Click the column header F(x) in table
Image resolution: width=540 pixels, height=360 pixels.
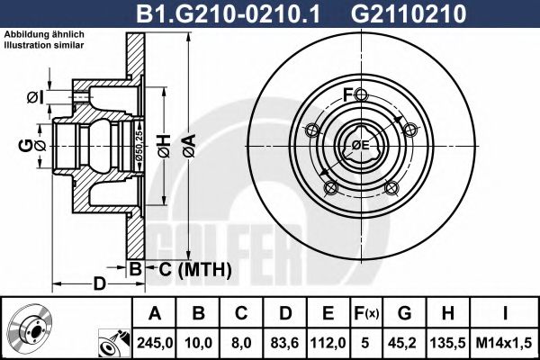367,313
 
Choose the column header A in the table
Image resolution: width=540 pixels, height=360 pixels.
153,313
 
